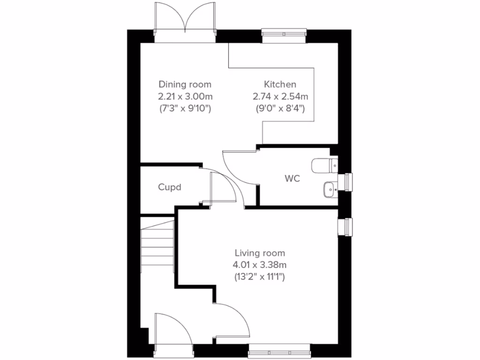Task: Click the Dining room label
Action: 185,85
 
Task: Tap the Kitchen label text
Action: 280,85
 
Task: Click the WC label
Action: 292,179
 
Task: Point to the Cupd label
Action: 169,187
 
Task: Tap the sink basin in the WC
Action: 329,189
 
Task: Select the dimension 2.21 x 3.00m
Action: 185,97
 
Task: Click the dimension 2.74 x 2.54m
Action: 280,97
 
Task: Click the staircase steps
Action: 157,246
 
